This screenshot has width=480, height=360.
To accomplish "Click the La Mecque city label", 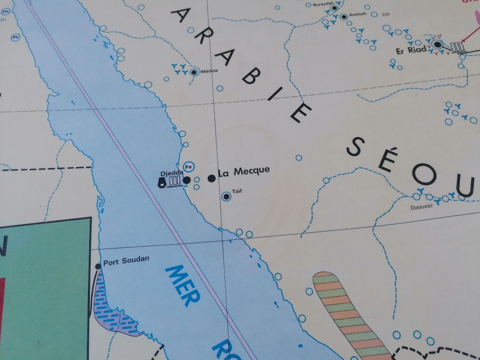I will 244,172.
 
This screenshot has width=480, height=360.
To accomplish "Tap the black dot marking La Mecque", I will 212,178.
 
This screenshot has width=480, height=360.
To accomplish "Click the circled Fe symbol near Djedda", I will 188,167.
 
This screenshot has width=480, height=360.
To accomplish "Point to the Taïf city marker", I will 227,196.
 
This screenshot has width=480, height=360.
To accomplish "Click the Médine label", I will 209,71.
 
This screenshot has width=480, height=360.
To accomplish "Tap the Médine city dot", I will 194,72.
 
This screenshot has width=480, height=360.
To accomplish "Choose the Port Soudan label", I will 126,261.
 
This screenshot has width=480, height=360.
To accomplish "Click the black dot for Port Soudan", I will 98,266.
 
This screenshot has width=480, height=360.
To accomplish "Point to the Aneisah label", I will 357,14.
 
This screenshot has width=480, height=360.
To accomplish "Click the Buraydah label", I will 323,5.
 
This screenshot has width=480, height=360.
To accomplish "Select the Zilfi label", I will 385,14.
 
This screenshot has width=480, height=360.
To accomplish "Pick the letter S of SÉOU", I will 356,147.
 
